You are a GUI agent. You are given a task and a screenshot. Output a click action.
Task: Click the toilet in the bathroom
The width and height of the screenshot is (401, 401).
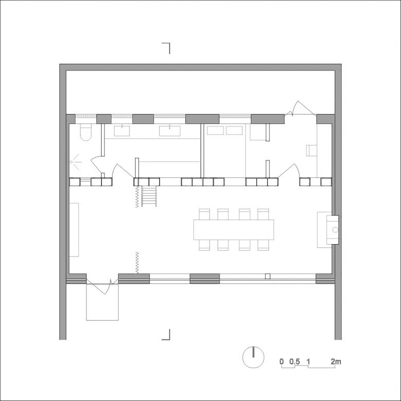85,132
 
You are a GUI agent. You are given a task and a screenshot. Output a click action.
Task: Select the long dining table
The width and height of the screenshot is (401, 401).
233,230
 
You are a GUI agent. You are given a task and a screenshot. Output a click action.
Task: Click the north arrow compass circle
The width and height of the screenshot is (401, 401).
253,357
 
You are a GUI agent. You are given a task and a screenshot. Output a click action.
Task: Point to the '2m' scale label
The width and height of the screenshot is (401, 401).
336,361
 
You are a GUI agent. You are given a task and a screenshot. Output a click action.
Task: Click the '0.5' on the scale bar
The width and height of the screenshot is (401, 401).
295,361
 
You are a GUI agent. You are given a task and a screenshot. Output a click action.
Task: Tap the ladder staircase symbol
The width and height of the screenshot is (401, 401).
149,196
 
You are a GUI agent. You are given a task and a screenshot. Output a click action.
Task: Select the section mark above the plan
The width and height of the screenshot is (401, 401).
166,48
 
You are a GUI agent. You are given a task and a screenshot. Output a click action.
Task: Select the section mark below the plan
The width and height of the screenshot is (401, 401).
166,335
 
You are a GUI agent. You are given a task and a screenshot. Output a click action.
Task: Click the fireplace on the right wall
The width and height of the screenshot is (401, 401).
333,230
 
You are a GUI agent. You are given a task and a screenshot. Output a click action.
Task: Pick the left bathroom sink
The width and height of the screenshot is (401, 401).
122,131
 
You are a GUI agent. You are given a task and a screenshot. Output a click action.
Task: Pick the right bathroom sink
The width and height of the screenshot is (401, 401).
170,131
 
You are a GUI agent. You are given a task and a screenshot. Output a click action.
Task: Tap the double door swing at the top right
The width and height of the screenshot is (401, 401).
301,108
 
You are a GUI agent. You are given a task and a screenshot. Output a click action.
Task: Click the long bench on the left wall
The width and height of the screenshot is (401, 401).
74,230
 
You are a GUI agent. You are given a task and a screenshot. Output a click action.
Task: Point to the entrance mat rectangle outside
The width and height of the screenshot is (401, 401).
102,302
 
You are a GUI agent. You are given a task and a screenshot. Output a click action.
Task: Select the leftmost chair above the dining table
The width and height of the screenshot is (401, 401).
204,214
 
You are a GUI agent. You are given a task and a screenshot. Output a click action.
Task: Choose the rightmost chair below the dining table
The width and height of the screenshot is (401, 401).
263,245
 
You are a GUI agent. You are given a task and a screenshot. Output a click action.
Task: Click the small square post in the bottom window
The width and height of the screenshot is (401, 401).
268,276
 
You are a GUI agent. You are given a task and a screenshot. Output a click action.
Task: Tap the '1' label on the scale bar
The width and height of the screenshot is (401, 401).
308,361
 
